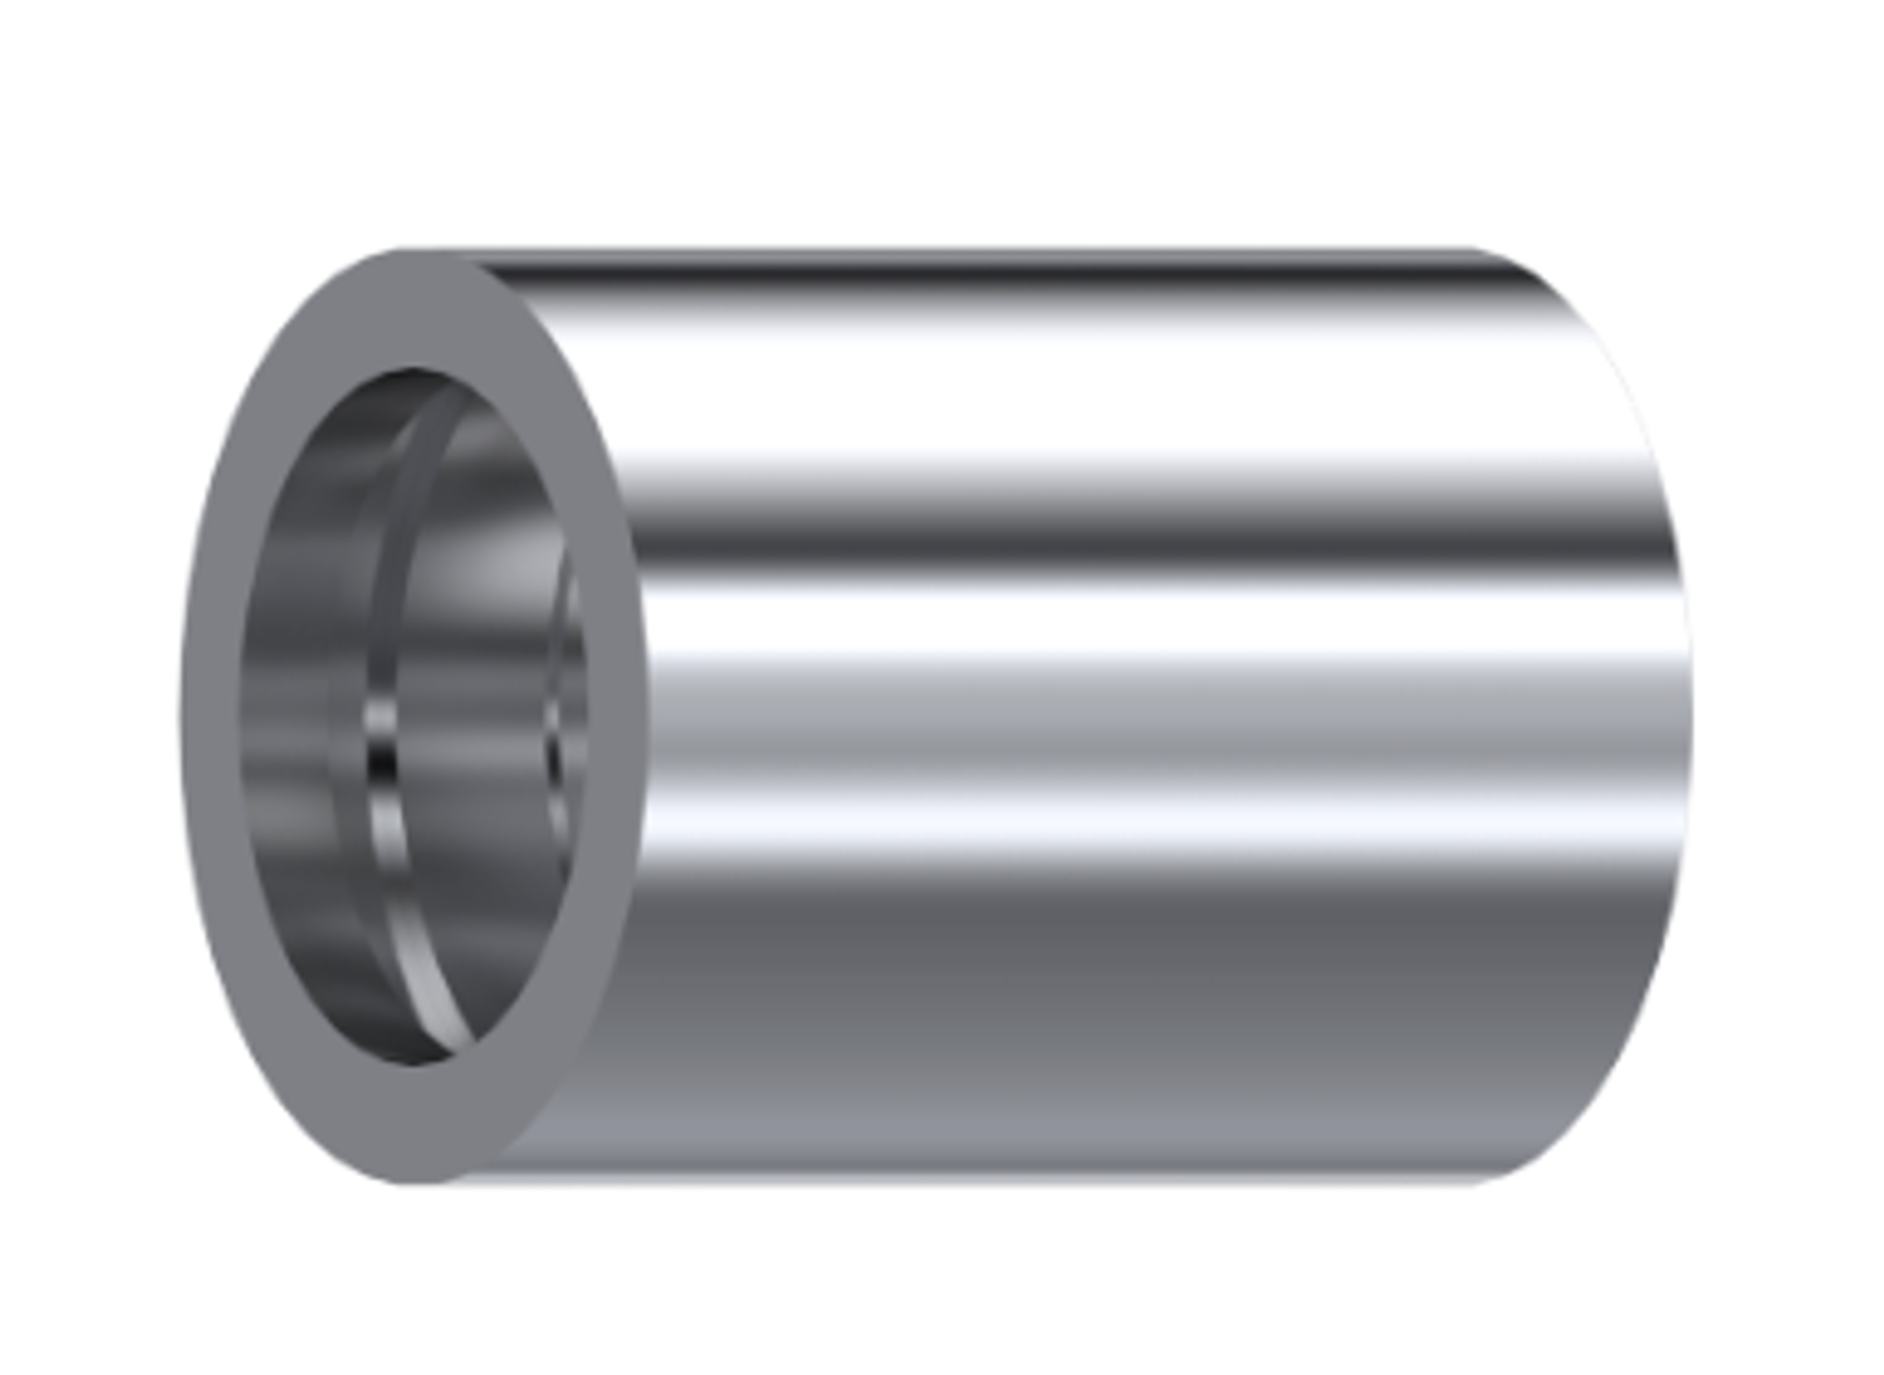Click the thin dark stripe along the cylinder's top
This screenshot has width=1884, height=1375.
click(999, 274)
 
